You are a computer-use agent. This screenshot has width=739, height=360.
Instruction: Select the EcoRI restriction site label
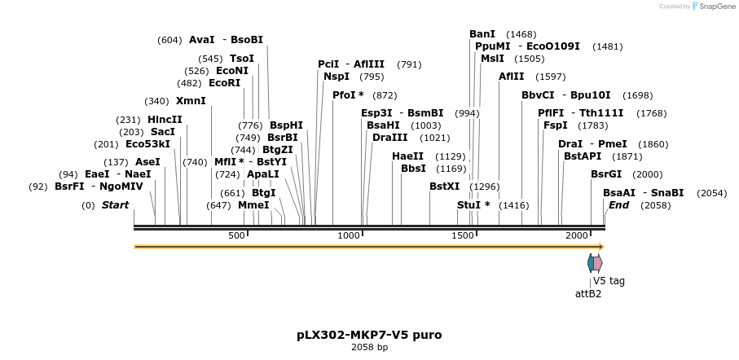[225, 83]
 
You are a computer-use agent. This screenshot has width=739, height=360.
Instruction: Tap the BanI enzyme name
[482, 34]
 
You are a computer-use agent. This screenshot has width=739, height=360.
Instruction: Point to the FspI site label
[555, 125]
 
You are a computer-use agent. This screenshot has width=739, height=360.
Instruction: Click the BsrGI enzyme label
[606, 174]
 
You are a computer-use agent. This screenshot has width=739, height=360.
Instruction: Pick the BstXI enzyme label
[445, 187]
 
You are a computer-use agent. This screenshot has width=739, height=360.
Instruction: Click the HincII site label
[165, 120]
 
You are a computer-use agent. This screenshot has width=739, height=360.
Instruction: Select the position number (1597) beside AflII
[550, 77]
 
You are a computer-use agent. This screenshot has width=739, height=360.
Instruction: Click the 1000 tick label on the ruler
[348, 235]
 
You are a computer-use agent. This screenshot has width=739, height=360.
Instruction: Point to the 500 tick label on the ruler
[236, 235]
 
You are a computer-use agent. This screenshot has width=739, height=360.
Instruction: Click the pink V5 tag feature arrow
[598, 263]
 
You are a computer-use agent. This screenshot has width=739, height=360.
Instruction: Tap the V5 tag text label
[609, 281]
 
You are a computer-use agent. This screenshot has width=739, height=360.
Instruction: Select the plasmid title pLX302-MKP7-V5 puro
[369, 335]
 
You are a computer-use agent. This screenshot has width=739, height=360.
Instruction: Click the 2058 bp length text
[369, 348]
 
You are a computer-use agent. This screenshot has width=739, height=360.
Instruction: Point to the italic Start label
[115, 205]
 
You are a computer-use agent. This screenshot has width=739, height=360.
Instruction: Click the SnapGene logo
[714, 7]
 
